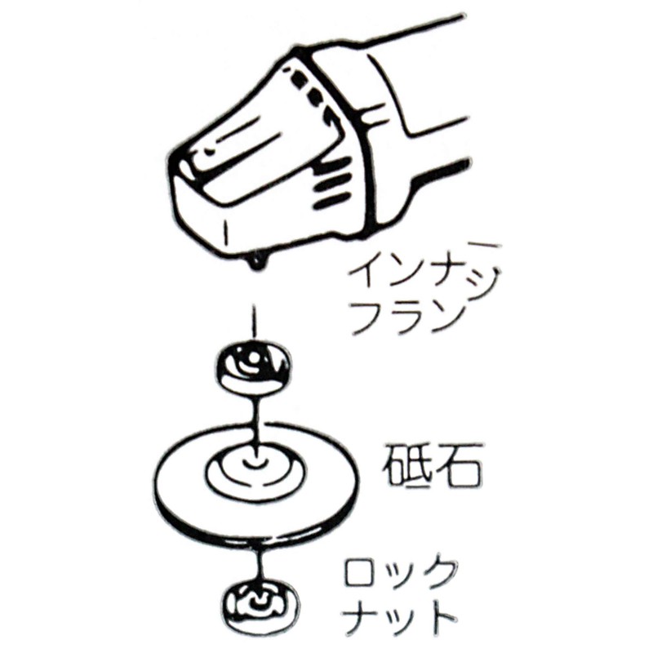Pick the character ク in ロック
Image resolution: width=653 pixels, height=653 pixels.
[x=439, y=574]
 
